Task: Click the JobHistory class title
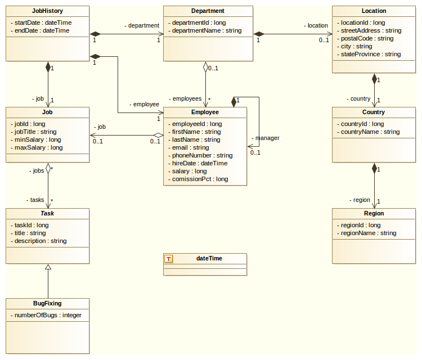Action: click(48, 11)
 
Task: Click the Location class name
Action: click(374, 11)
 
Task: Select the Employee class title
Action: click(205, 112)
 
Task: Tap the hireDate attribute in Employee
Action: click(199, 163)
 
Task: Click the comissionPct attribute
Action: click(200, 179)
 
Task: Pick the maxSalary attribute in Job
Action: click(37, 147)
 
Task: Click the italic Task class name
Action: click(48, 213)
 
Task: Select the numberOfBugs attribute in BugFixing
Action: click(46, 315)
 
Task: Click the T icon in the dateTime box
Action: click(169, 259)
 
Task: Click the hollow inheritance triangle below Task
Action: click(48, 268)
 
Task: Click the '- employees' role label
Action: click(185, 98)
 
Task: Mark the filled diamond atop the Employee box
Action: click(234, 101)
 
